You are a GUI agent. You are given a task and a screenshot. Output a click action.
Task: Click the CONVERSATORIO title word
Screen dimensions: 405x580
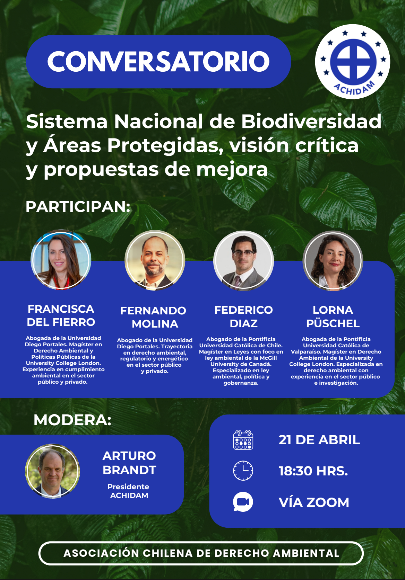(158, 61)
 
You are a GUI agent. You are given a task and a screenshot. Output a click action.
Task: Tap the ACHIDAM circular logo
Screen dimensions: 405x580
(352, 62)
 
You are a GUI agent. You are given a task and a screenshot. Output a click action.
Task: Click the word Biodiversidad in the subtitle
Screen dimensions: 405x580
(311, 121)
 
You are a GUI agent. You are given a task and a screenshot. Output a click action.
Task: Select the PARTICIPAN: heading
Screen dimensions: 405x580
(78, 207)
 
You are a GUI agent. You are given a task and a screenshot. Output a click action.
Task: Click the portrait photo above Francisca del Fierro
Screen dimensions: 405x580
(61, 260)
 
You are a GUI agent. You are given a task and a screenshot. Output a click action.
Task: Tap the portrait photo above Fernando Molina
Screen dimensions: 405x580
(155, 260)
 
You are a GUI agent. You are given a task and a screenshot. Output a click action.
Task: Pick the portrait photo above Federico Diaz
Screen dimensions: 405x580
(243, 261)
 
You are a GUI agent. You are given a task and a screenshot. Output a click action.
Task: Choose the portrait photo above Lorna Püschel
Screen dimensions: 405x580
(333, 261)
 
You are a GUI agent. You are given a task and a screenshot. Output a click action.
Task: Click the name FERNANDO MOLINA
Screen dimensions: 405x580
(154, 317)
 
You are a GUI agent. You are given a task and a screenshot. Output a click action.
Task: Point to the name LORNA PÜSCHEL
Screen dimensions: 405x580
(333, 317)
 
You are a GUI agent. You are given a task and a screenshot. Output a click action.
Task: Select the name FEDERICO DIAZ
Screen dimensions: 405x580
(243, 317)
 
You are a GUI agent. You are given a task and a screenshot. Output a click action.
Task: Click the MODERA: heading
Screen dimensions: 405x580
(72, 420)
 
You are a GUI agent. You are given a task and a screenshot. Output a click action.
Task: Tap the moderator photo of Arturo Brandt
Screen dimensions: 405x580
(53, 471)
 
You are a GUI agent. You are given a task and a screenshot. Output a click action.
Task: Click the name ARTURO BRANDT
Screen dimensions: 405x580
(129, 463)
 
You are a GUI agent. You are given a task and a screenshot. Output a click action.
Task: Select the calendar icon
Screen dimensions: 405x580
(243, 440)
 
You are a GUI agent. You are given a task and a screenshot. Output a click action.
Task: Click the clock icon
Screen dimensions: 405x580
(243, 471)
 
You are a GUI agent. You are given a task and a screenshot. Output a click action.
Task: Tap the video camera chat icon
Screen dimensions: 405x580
(243, 502)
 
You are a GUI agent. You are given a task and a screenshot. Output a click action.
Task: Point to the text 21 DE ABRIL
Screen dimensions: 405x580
(319, 440)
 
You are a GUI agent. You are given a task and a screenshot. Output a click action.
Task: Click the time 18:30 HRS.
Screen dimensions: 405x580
(313, 471)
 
